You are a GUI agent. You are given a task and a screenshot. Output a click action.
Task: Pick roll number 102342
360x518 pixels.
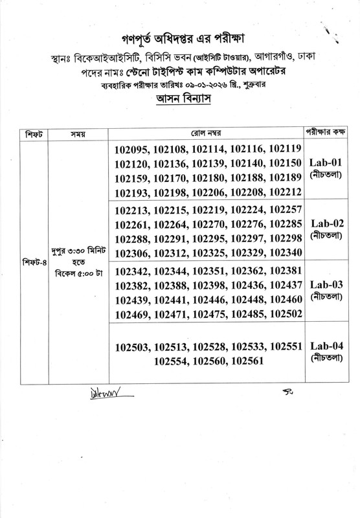tap(134, 271)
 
